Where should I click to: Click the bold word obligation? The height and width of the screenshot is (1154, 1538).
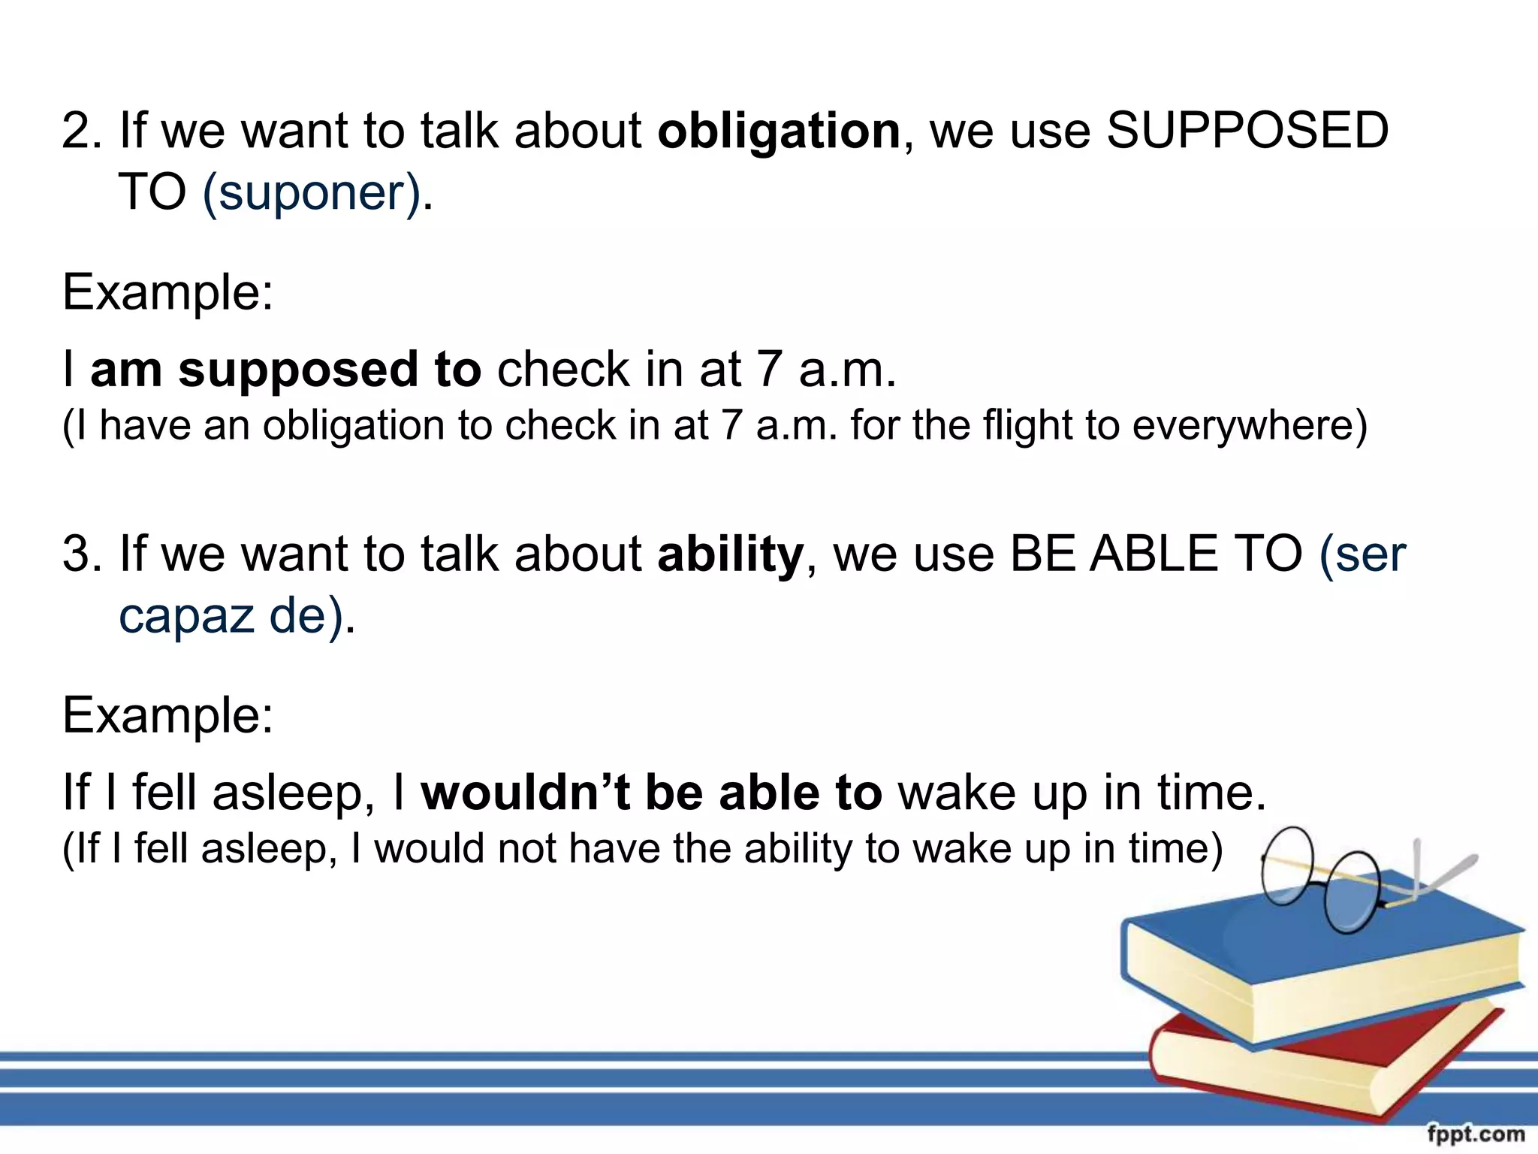(x=779, y=132)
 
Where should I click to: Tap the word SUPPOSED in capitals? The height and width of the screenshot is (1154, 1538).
(x=1247, y=131)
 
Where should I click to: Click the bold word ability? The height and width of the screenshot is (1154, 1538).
(x=730, y=554)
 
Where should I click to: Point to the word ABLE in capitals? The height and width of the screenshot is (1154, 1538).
(x=1153, y=554)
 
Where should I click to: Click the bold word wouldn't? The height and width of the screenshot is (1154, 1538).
(x=525, y=793)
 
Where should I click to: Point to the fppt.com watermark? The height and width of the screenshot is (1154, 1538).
(x=1476, y=1134)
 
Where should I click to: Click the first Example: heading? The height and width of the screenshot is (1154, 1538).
(x=167, y=292)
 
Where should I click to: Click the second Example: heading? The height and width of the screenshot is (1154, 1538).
(x=167, y=714)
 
